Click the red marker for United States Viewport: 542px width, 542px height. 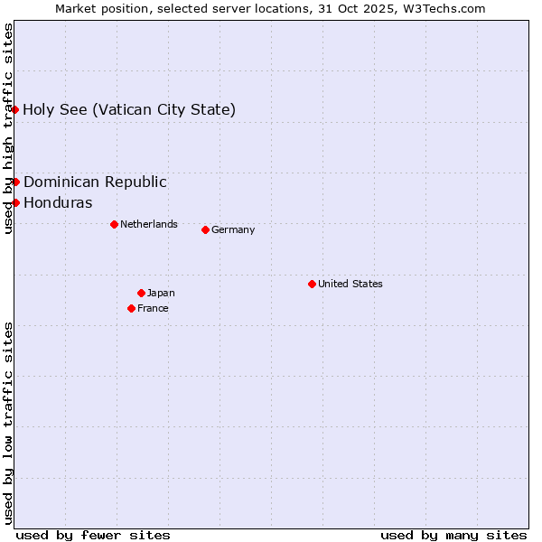point(312,284)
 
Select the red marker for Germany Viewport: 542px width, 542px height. point(205,229)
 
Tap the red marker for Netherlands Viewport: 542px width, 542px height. point(114,224)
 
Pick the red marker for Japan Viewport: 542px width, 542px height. point(141,293)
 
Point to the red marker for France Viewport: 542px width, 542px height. point(132,308)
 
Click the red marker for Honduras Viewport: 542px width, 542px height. point(15,202)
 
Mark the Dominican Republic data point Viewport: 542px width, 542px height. point(15,182)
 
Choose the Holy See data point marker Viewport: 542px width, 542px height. point(15,109)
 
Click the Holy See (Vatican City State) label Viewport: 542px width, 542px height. point(129,110)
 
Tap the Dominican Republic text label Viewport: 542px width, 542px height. point(95,182)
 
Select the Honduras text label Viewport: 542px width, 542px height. point(58,202)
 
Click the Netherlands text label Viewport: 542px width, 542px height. point(148,224)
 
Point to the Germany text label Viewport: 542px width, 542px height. point(233,229)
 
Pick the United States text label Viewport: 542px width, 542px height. point(350,284)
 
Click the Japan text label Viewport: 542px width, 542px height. point(161,293)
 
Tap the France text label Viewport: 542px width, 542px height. point(153,308)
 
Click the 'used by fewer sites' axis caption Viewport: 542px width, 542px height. point(93,535)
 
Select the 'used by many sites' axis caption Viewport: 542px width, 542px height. point(453,535)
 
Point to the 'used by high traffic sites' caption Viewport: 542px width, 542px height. point(8,129)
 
